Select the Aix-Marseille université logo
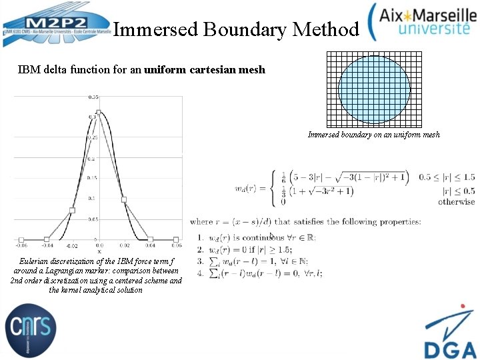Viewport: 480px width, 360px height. coord(423,21)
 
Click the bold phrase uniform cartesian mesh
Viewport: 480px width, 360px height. coord(205,69)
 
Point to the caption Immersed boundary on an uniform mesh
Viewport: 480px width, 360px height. coord(373,134)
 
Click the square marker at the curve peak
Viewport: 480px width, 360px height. coord(98,112)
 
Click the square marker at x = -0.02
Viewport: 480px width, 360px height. coord(72,211)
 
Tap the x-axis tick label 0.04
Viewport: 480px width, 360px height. coord(150,245)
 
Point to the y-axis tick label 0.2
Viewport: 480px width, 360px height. coord(91,159)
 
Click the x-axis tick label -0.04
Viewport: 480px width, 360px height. coord(47,245)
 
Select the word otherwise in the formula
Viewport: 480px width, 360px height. coord(456,201)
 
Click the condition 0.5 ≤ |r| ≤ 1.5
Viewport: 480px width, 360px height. coord(447,177)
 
